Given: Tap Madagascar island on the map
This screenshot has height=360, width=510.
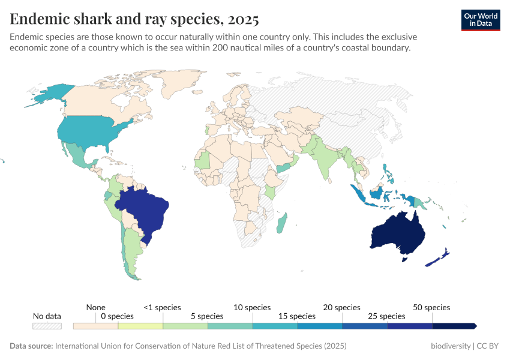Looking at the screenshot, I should tap(281, 223).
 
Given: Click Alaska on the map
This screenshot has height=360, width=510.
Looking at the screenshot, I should tap(51, 93).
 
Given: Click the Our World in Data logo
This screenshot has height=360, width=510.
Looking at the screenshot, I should tap(481, 20).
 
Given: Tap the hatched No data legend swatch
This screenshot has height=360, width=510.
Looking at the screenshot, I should tap(47, 326).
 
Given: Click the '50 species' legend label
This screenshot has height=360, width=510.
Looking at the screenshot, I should tap(431, 307).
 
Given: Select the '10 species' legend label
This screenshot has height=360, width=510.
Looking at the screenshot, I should tap(252, 307).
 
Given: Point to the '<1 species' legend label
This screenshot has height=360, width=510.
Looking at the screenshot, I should tap(162, 307).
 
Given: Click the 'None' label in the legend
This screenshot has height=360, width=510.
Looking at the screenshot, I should tap(95, 307).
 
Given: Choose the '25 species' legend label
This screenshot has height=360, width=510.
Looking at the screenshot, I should tap(386, 316).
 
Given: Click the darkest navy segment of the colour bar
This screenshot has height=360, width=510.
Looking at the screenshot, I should tap(454, 326).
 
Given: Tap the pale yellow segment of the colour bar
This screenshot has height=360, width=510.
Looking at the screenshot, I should tap(140, 326).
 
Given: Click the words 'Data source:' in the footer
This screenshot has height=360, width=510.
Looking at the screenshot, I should tap(31, 346).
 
